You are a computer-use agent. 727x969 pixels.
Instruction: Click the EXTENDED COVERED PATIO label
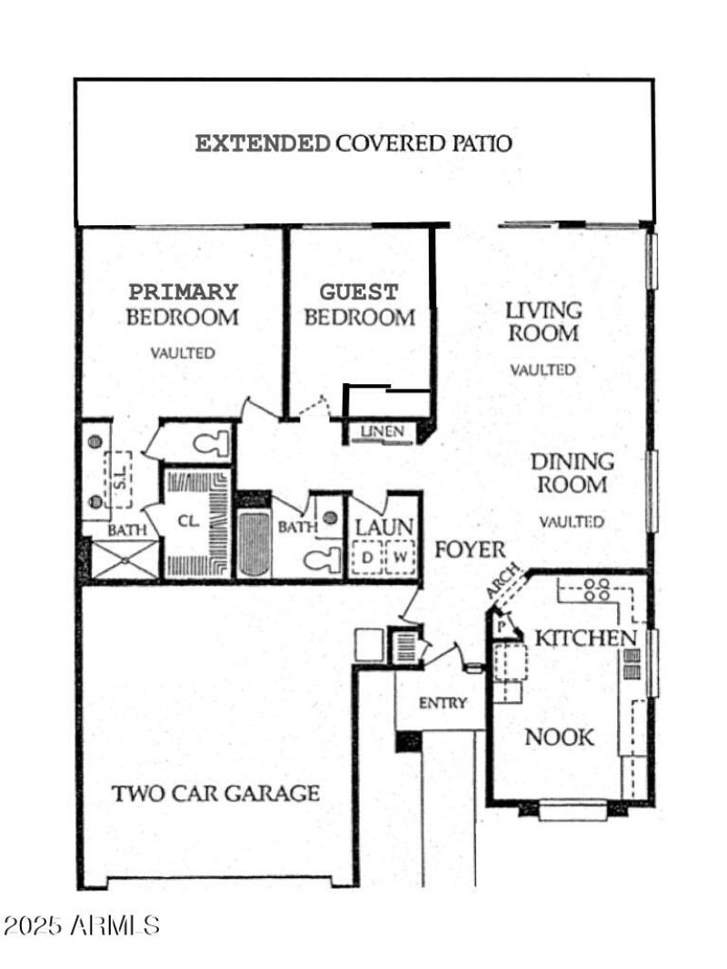pos(354,143)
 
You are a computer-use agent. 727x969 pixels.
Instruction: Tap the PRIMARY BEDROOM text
pos(182,305)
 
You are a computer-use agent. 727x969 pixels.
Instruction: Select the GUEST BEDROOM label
pos(359,305)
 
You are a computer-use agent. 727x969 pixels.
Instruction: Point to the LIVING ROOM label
pos(543,321)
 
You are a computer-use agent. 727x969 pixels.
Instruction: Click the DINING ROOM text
pos(571,473)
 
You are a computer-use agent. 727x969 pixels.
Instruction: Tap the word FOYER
pos(469,549)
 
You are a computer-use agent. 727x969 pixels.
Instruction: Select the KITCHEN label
pos(584,638)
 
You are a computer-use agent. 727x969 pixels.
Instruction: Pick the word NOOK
pos(560,737)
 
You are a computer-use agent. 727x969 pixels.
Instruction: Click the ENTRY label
pos(443,702)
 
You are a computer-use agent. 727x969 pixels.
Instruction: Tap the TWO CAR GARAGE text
pos(215,793)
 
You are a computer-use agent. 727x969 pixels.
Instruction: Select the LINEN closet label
pos(382,431)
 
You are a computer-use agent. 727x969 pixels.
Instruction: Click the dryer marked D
pos(367,558)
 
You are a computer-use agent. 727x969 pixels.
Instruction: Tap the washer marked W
pos(398,558)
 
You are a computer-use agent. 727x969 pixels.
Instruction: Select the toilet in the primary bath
pos(211,444)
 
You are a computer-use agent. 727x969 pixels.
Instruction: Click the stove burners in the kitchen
pos(596,589)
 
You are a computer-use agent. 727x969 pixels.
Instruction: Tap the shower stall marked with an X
pos(124,559)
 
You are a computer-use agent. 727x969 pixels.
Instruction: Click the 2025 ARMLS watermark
pos(82,925)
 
